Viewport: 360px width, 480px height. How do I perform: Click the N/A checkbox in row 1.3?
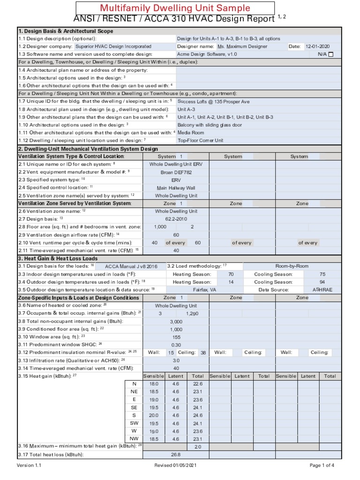[x=331, y=54]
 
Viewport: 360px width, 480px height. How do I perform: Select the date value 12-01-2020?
[x=318, y=46]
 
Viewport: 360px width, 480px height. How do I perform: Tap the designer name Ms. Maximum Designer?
[x=242, y=46]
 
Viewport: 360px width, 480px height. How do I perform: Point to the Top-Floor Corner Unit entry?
[x=200, y=140]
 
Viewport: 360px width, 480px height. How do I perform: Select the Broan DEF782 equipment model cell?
[x=176, y=172]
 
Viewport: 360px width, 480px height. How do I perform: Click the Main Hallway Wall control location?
[x=176, y=187]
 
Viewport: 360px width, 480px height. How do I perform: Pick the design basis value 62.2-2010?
[x=176, y=219]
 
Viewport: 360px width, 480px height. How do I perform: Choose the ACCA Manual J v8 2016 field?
[x=131, y=266]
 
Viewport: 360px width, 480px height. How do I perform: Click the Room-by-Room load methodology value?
[x=292, y=266]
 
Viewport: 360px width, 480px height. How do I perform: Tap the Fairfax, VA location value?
[x=204, y=290]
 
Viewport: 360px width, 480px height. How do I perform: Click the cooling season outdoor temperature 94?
[x=322, y=282]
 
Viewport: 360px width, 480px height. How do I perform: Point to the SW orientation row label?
[x=134, y=423]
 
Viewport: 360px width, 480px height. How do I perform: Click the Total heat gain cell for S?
[x=197, y=415]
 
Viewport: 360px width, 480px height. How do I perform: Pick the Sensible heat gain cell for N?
[x=154, y=383]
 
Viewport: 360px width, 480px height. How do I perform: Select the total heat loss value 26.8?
[x=176, y=454]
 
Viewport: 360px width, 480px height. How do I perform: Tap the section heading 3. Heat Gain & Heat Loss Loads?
[x=58, y=258]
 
